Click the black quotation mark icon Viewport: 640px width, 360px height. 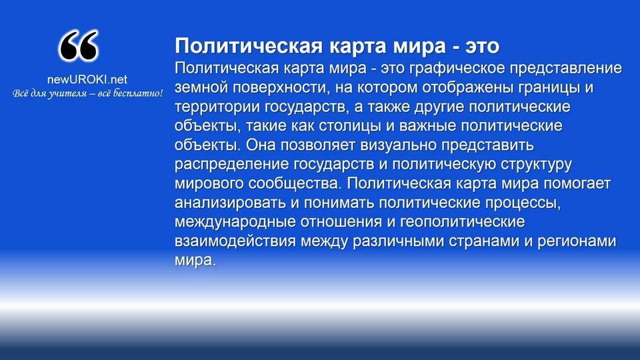pos(79,45)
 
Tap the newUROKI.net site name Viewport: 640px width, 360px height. pos(87,79)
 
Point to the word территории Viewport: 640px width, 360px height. pos(217,107)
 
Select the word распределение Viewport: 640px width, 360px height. pos(232,165)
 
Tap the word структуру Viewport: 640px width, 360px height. pos(536,165)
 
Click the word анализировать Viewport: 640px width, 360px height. pos(230,203)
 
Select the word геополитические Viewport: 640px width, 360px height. pos(462,222)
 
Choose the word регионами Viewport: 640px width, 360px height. pos(577,241)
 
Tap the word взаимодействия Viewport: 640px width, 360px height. pos(235,241)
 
